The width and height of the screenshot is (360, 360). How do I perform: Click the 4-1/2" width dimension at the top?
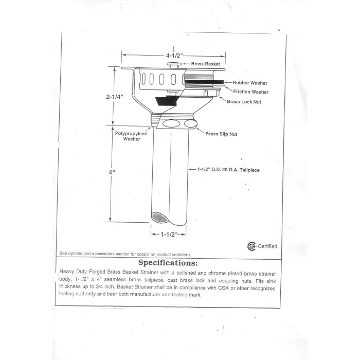174,55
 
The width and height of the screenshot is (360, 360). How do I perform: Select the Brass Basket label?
205,64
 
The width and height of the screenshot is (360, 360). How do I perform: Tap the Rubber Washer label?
250,82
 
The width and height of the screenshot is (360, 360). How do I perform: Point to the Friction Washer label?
250,92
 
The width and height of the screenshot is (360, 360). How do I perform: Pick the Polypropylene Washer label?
131,136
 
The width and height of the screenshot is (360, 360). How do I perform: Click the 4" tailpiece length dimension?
111,172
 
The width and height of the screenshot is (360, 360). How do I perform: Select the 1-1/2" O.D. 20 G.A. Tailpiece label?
229,169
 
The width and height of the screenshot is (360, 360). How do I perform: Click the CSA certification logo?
251,246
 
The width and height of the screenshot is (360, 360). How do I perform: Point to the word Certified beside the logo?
267,246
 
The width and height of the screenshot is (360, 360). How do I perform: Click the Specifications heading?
167,263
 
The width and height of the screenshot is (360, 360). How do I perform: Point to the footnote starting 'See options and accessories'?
125,254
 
